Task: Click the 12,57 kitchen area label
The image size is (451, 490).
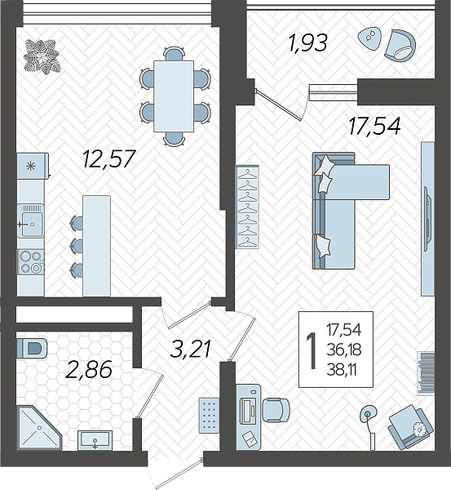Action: coord(109,158)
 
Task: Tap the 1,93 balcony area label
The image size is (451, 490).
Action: coord(308,42)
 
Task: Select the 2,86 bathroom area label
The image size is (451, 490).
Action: coord(89,369)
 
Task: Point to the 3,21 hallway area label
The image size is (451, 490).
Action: coord(190,349)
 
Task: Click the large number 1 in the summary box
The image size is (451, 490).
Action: coord(312,350)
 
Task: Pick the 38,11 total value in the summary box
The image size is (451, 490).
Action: coord(342,371)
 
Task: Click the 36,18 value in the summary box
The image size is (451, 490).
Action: coord(344,350)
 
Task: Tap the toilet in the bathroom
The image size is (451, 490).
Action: coord(31,348)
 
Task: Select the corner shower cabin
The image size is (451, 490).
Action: coord(39,428)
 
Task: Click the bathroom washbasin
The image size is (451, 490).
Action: coord(95,440)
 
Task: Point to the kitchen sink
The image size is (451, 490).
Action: coord(30,220)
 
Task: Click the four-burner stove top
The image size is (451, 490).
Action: coord(31,262)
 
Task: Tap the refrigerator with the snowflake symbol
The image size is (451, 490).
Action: coord(33,166)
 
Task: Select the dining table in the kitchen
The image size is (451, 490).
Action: coord(174,96)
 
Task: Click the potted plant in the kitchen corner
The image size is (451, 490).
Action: coord(42,56)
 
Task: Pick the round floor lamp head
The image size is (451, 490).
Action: coord(368,414)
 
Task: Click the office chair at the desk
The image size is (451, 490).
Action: coord(276,410)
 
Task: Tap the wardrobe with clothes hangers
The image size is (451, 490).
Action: coord(247,207)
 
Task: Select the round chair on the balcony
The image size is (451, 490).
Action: coord(400,46)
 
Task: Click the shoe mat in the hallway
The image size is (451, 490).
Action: coord(209,414)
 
